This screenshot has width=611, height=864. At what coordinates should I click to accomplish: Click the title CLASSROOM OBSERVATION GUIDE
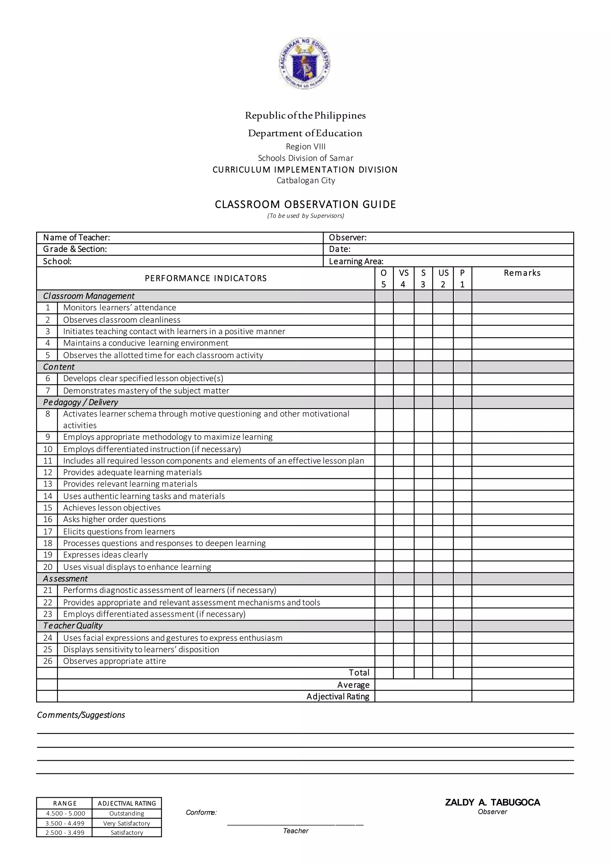[305, 204]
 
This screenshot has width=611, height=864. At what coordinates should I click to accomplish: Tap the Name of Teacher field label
[76, 237]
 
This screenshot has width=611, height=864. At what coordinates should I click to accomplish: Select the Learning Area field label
[356, 261]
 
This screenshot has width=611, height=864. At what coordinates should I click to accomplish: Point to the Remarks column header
[522, 273]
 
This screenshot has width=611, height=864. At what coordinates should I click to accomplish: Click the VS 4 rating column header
[403, 278]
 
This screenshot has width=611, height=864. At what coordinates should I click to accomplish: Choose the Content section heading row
[59, 367]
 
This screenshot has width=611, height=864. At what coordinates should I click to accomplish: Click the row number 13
[47, 484]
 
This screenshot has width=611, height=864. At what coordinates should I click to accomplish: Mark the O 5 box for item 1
[384, 308]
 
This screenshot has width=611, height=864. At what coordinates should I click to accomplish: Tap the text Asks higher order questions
[114, 519]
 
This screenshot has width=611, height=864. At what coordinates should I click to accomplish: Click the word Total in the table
[359, 673]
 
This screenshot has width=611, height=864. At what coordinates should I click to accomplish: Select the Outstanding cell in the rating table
[126, 814]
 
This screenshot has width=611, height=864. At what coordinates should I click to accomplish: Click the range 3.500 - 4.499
[65, 823]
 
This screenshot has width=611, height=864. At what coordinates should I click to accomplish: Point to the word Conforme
[201, 812]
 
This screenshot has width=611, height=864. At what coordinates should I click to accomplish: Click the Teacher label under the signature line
[295, 831]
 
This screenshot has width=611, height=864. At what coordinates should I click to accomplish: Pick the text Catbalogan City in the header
[305, 180]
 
